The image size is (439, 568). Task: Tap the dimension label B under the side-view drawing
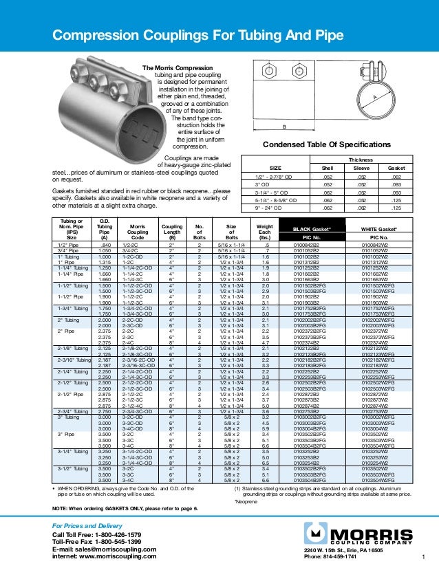[x=284, y=127]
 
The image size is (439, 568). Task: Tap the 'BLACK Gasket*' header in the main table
[x=312, y=228]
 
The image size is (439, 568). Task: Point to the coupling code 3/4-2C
[x=131, y=250]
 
